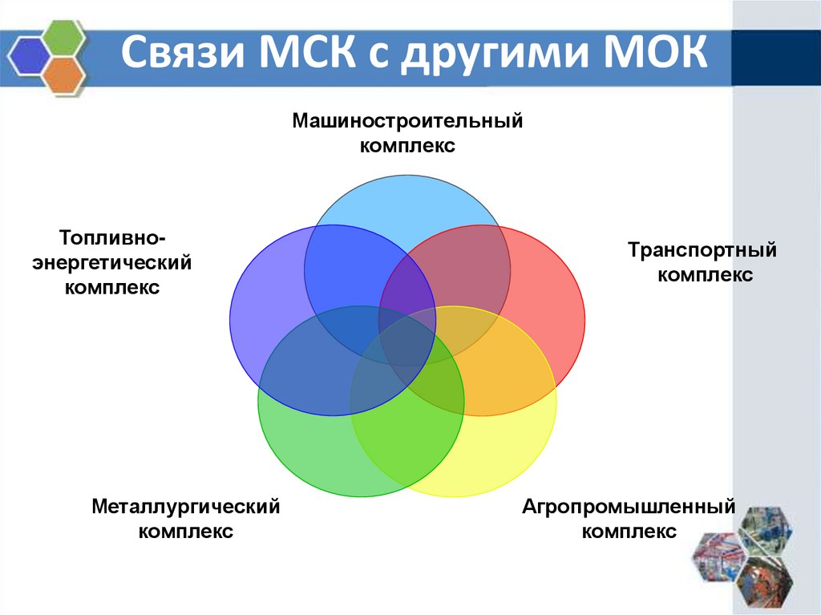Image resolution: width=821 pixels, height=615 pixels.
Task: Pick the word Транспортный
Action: (702, 250)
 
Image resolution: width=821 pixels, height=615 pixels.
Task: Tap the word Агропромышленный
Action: (629, 507)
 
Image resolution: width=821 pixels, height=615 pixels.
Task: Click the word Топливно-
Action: (112, 237)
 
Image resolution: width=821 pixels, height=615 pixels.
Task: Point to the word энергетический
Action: (112, 262)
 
